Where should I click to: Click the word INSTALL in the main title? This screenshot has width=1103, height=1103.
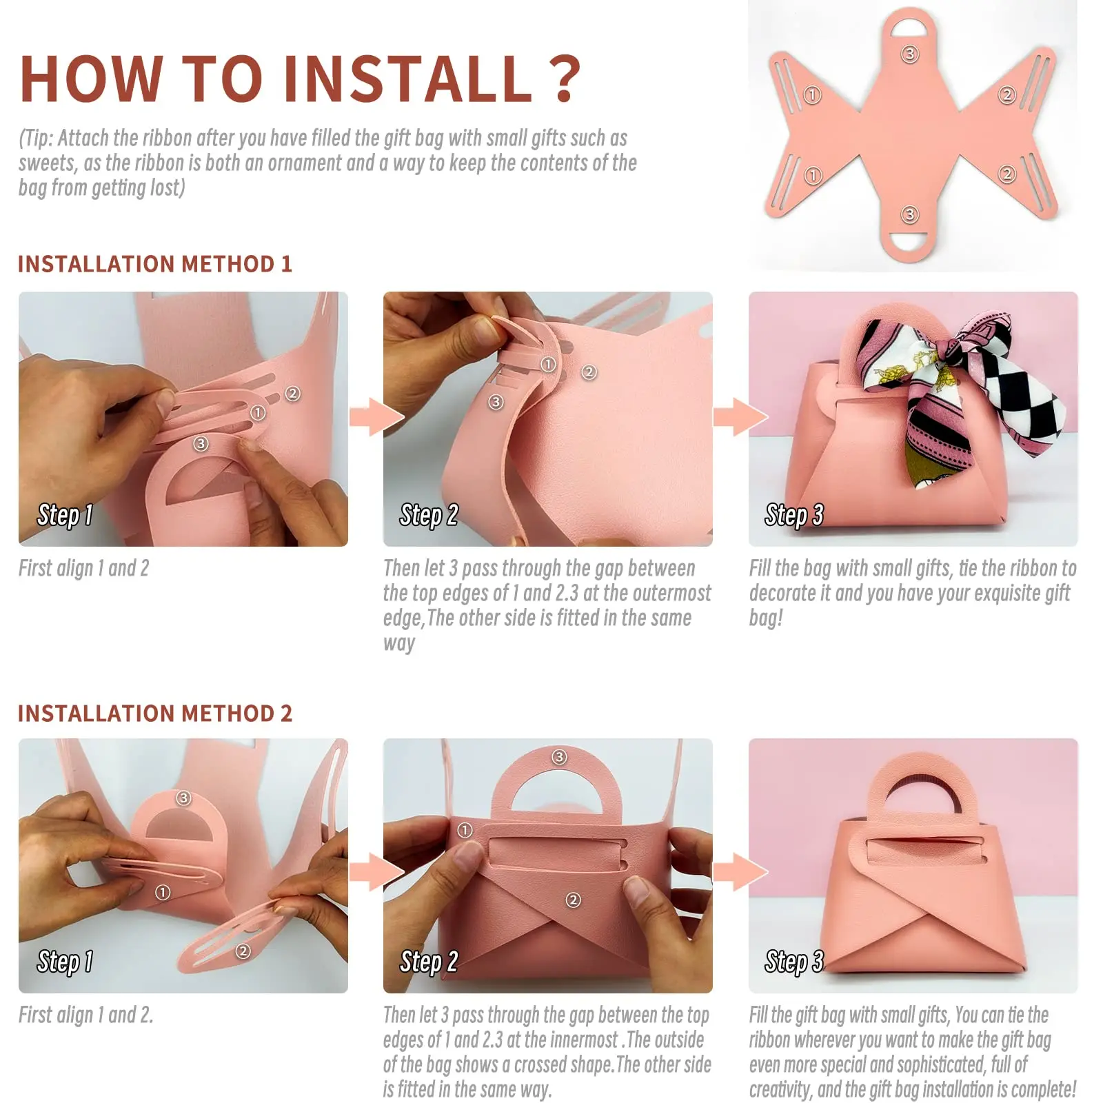[407, 78]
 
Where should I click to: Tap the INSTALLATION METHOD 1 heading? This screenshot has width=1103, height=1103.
[155, 264]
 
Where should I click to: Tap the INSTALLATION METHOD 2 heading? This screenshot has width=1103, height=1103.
[155, 714]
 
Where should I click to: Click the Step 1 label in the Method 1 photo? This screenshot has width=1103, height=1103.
[65, 515]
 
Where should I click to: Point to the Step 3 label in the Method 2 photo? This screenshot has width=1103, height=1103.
[794, 961]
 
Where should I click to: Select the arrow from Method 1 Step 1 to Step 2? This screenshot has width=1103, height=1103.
[376, 417]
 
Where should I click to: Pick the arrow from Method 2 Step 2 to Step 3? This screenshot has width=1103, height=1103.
[740, 872]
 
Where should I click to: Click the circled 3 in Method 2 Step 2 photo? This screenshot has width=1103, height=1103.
[559, 757]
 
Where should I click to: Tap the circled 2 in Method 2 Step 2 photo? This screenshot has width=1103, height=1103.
[573, 900]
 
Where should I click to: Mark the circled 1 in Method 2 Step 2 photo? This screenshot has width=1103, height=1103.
[465, 830]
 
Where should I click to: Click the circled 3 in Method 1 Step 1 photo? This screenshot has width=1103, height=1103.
[201, 443]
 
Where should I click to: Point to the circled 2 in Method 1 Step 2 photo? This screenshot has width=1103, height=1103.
[589, 372]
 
